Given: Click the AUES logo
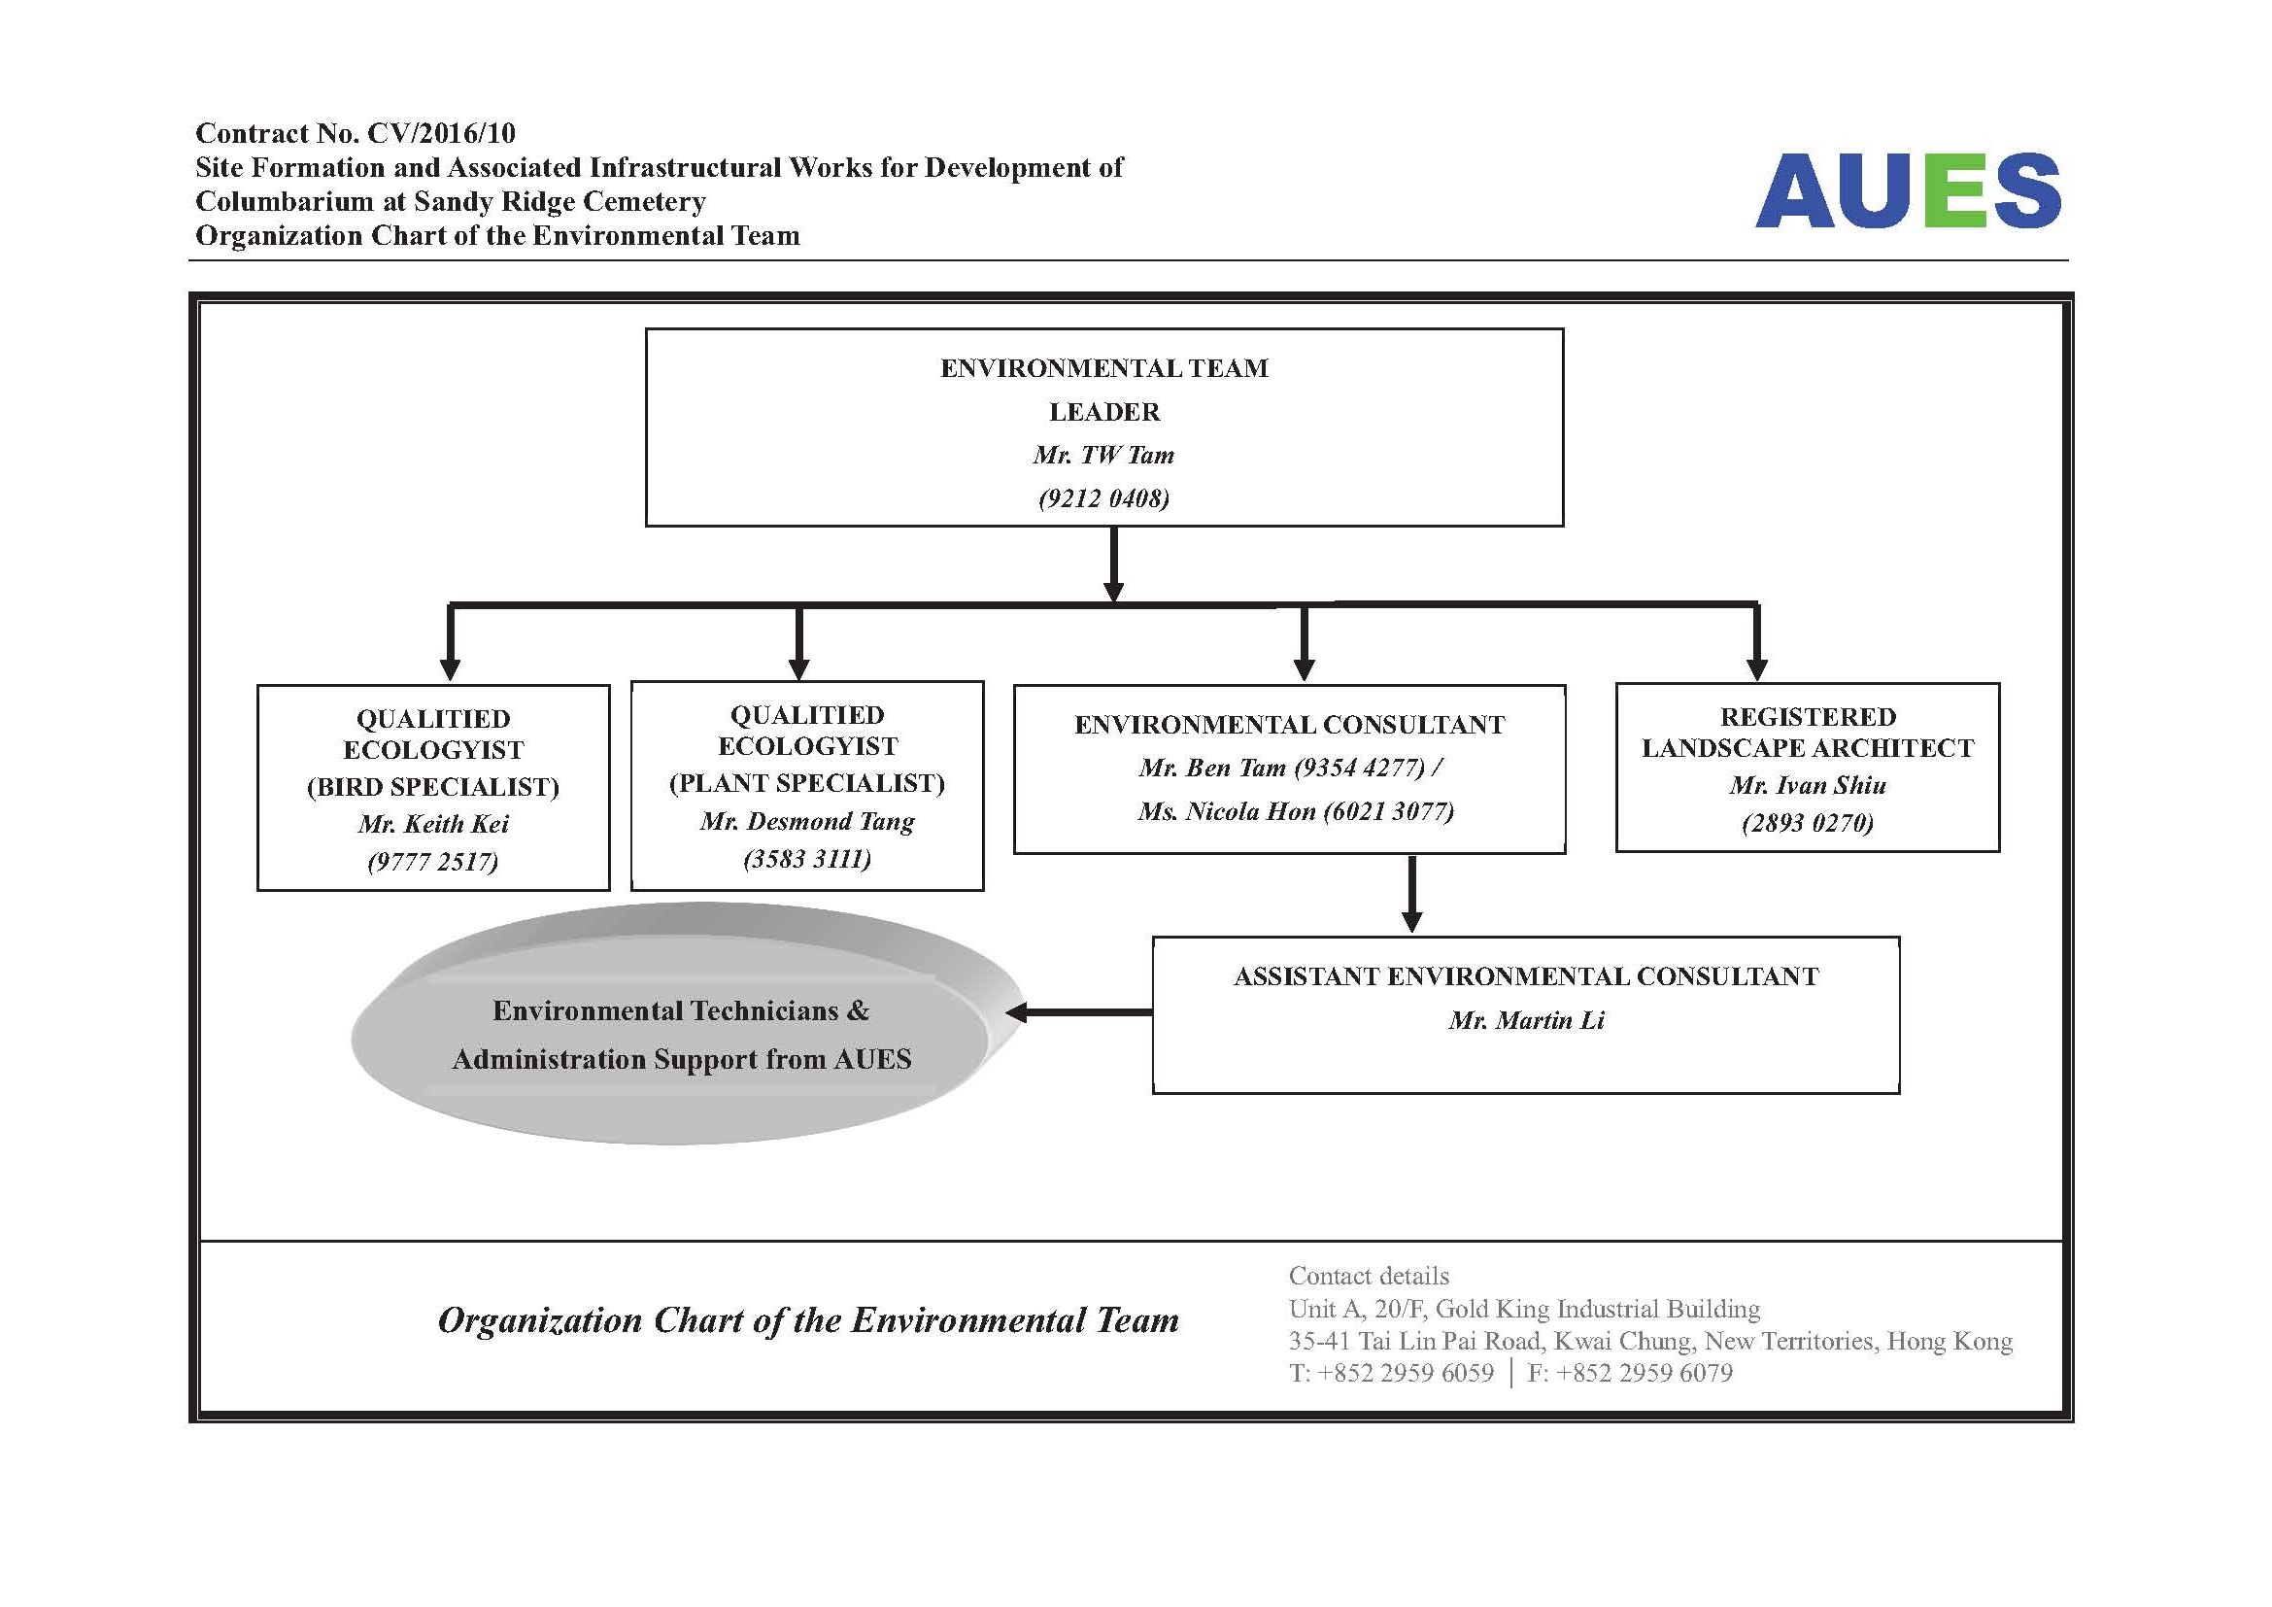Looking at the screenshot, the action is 1908,191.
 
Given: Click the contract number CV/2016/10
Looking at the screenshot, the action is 441,133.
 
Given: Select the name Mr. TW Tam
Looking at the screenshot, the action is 1103,455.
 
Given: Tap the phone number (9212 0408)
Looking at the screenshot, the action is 1103,498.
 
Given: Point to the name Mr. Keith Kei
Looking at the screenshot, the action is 433,824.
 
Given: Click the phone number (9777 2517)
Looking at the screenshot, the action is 433,862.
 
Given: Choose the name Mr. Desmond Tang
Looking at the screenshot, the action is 807,821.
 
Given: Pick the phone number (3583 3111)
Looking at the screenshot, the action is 807,859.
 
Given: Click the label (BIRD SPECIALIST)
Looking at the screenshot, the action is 433,788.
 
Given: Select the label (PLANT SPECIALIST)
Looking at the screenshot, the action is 807,784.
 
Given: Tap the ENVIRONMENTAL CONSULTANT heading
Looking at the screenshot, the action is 1289,726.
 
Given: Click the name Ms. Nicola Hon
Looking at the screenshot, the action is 1226,812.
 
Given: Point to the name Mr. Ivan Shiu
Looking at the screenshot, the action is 1808,786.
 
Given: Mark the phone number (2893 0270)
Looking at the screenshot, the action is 1808,823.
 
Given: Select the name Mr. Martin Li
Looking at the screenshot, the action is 1526,1020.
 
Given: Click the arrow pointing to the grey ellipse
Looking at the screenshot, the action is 1078,1012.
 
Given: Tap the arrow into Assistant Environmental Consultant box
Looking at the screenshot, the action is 1412,894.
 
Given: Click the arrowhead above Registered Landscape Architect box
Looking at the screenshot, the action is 1757,670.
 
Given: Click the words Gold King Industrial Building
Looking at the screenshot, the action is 1598,1309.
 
